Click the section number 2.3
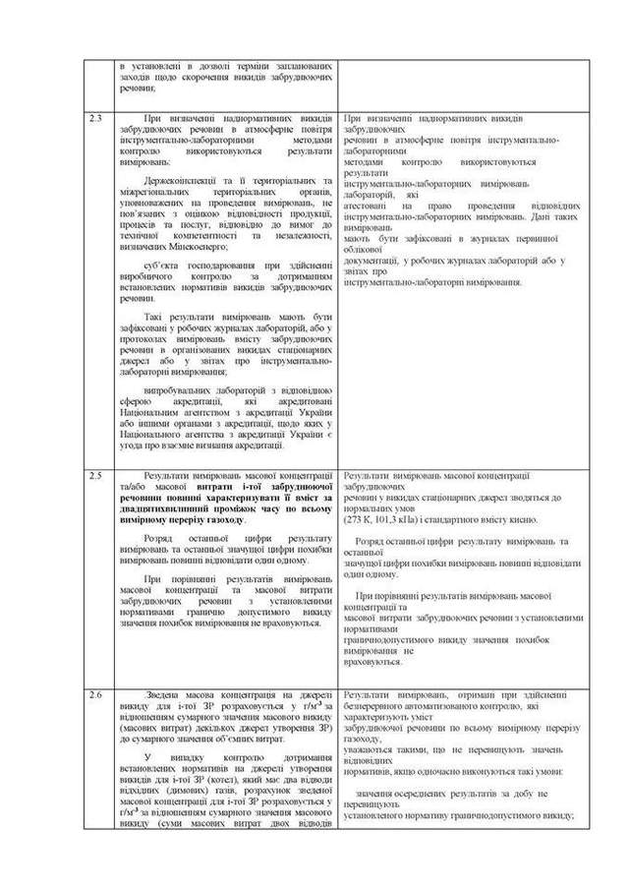[95, 119]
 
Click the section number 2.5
[95, 475]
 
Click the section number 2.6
[95, 694]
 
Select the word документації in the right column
[376, 260]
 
